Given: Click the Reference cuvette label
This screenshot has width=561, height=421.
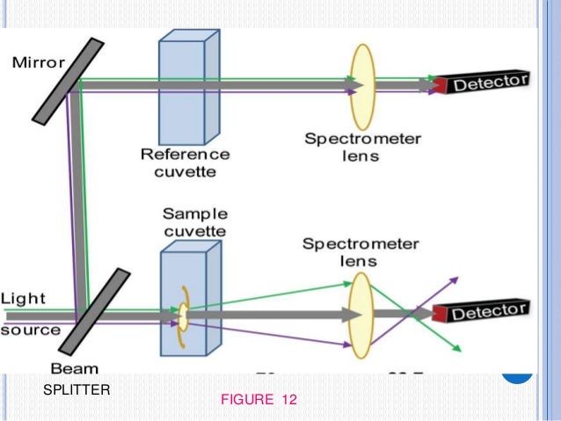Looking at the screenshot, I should point(186,163).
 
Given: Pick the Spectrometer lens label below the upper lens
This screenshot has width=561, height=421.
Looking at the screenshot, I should point(362,148).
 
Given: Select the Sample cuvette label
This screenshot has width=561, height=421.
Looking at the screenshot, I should point(194,222).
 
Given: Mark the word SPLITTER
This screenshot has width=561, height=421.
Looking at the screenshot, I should point(76,390).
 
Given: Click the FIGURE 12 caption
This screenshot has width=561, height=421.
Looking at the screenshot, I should point(259,401).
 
